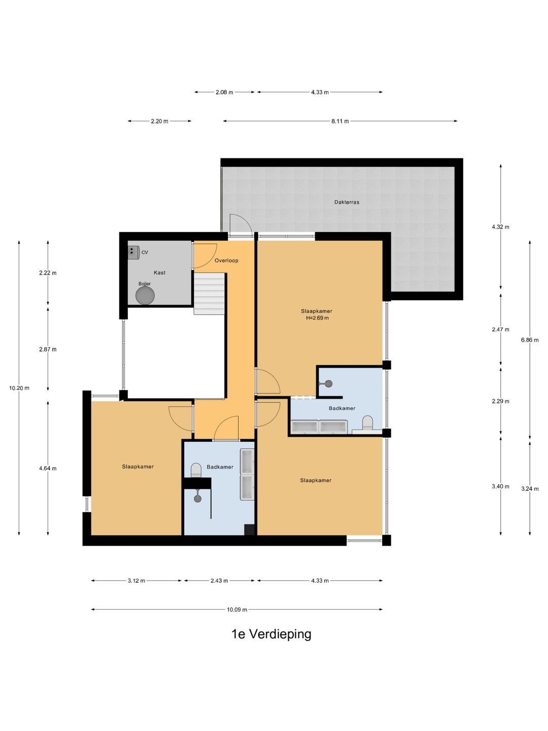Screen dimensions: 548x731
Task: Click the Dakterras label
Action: (347, 202)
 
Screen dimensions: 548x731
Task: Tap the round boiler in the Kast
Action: (145, 295)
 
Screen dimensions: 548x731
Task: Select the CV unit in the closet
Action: (133, 253)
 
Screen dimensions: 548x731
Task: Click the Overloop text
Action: (226, 260)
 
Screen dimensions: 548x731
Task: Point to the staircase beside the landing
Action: (209, 294)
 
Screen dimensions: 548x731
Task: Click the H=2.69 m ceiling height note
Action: (318, 318)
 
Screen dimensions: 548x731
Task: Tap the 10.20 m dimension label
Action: (19, 388)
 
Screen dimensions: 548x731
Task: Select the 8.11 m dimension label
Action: (340, 121)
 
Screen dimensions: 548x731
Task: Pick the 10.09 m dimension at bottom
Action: (237, 610)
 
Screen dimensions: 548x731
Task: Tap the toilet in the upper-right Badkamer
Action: (367, 423)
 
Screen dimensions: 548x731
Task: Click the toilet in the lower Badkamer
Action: (196, 470)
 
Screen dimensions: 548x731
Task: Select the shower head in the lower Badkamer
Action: (198, 499)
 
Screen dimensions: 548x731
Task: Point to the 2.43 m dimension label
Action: (219, 581)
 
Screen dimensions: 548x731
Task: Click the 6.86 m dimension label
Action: (530, 340)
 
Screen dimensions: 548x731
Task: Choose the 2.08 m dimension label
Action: (224, 92)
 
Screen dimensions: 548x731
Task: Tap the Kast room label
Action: (159, 273)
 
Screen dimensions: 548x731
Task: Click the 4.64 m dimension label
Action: (48, 468)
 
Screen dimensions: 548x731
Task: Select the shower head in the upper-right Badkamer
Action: (328, 384)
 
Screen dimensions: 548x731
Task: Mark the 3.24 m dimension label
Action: (530, 489)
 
